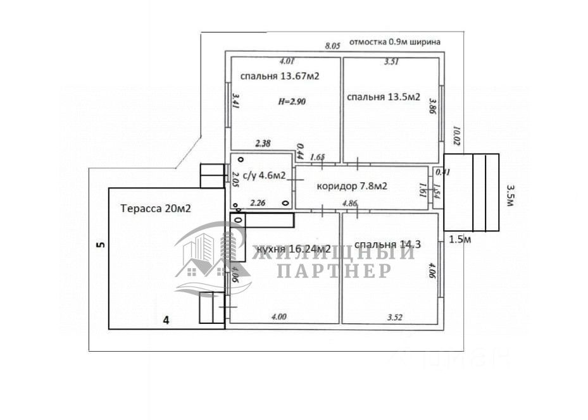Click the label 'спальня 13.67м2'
[x=278, y=76]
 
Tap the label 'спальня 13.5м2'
[x=384, y=97]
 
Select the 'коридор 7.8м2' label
[x=352, y=186]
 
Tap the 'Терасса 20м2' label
[x=156, y=207]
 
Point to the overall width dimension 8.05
[x=332, y=46]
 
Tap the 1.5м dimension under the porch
[x=459, y=238]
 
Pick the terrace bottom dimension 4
[x=166, y=321]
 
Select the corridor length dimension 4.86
[x=350, y=204]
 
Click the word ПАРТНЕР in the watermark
[x=334, y=271]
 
